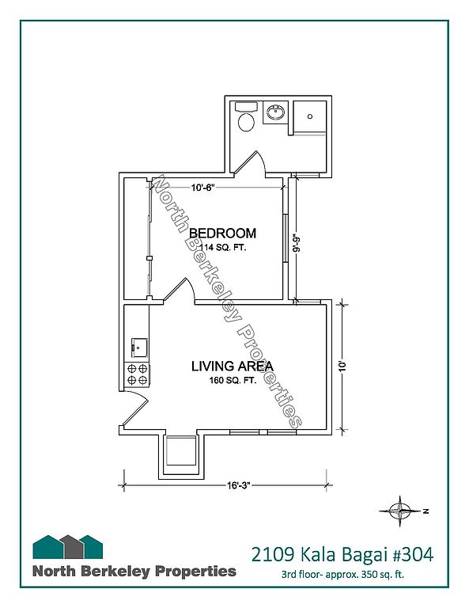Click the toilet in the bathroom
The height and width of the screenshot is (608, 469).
(246, 116)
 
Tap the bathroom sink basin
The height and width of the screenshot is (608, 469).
(276, 112)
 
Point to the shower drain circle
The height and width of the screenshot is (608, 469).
(310, 116)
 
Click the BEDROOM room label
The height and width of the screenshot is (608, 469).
(223, 234)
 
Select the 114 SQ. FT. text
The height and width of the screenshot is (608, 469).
(222, 247)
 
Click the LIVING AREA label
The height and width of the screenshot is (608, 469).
(233, 366)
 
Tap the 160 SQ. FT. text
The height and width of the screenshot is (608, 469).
(233, 380)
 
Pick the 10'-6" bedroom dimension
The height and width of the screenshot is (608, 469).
(202, 188)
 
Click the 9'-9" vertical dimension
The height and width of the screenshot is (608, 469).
(297, 243)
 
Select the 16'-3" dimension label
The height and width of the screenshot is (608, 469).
(239, 485)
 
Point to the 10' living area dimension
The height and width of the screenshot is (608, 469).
(342, 367)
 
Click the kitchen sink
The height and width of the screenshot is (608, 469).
(139, 347)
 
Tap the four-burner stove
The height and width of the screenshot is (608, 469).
(137, 374)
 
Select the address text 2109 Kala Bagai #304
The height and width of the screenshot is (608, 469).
(342, 554)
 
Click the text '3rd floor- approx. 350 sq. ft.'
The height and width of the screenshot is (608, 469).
(342, 574)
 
